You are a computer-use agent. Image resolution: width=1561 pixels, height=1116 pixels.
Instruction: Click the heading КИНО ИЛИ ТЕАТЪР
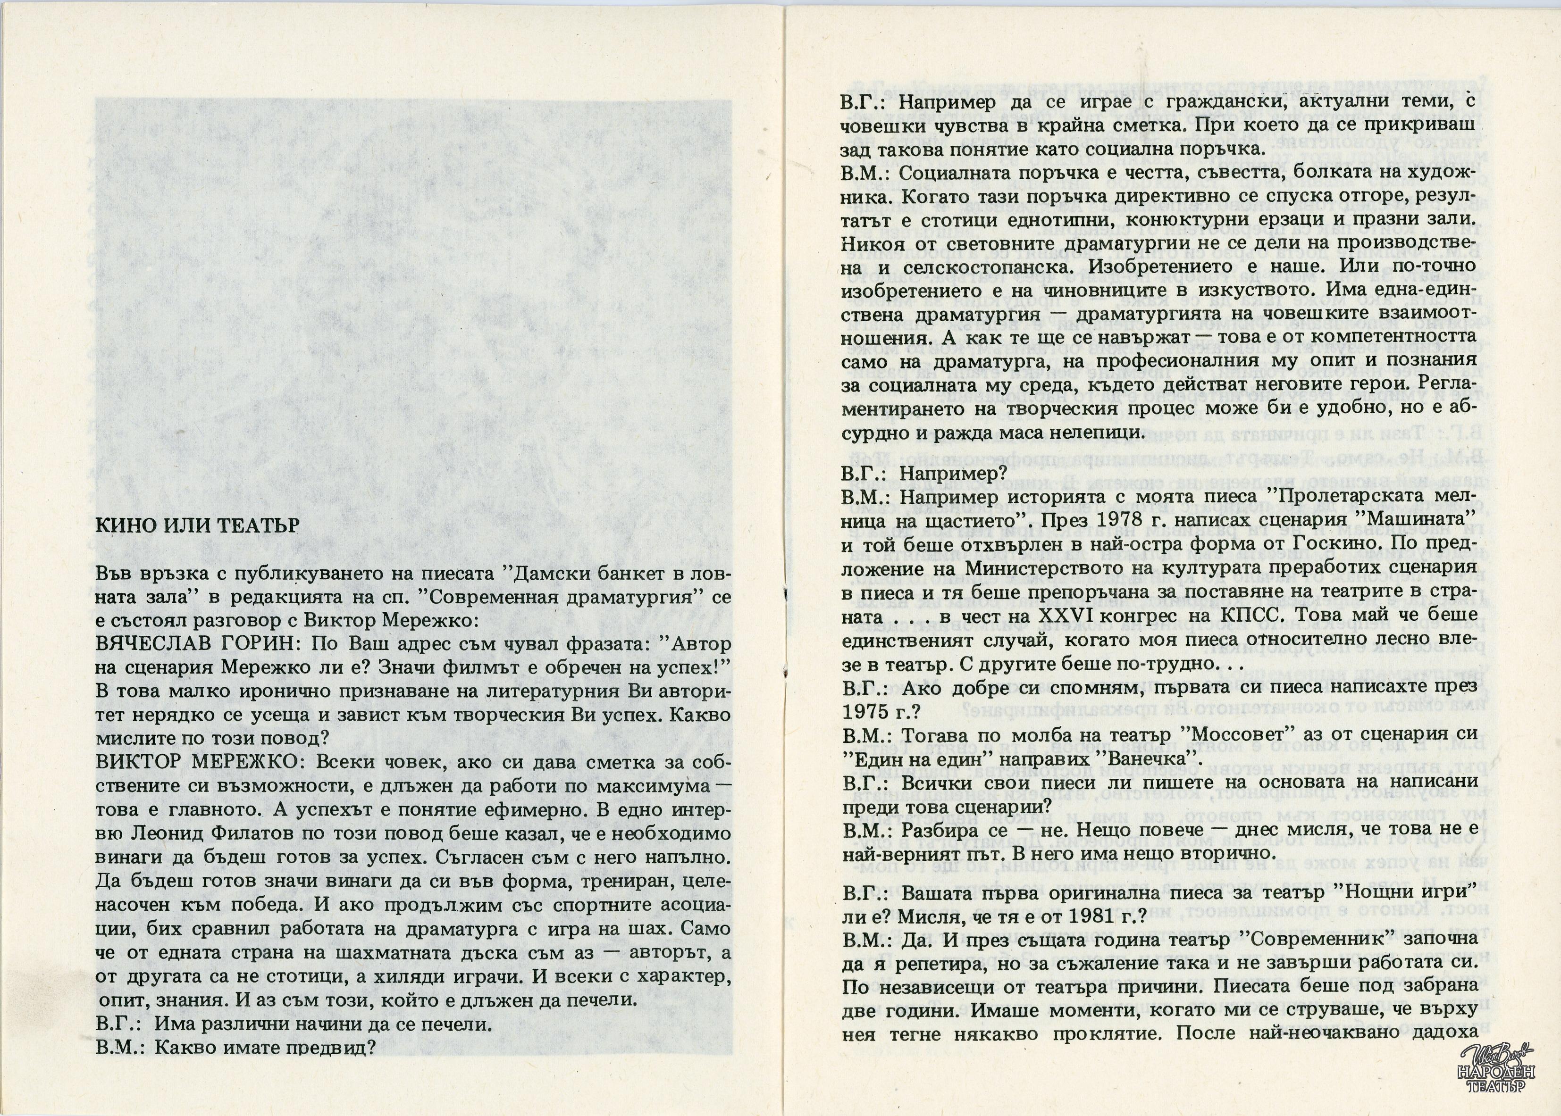197,525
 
